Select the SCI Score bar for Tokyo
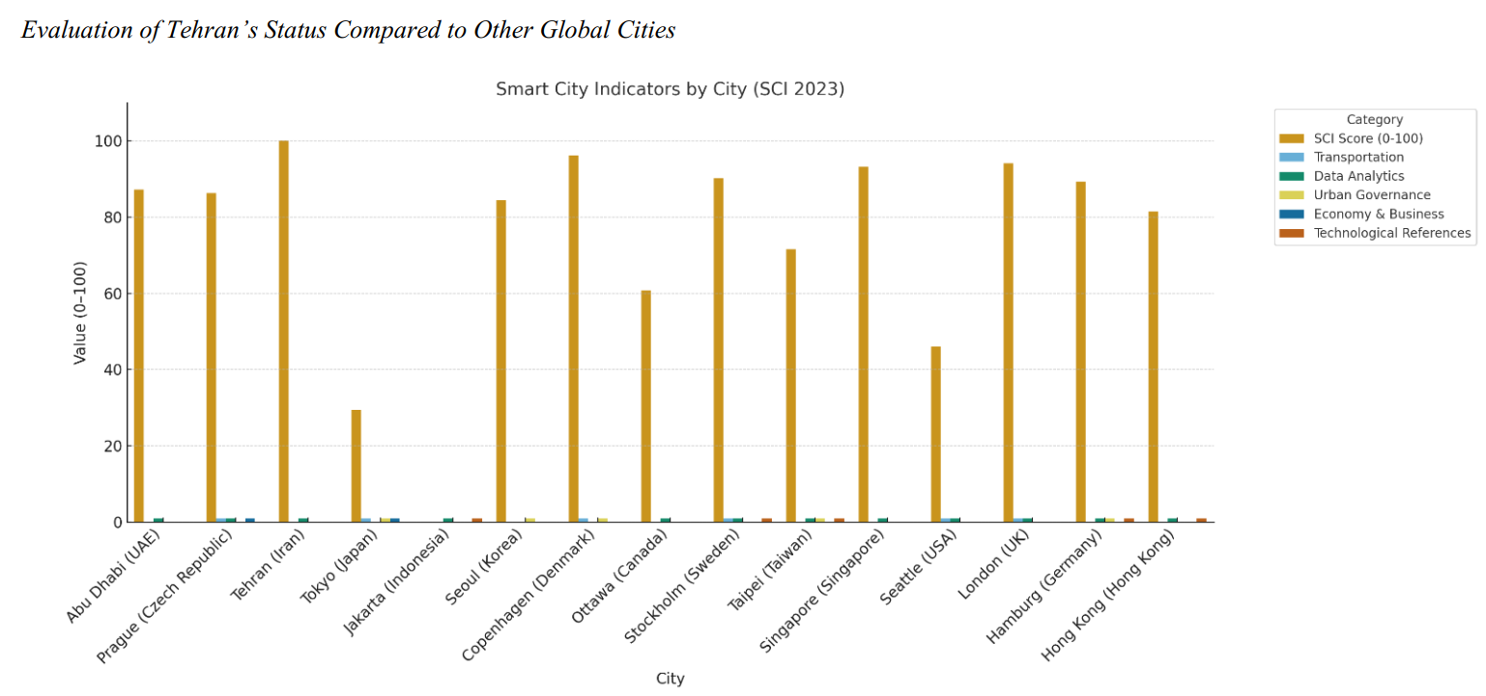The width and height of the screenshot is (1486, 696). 357,466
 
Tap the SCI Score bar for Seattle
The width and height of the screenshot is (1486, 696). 935,434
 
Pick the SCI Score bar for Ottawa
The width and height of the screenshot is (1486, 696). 645,406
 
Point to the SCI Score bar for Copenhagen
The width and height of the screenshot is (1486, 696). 573,338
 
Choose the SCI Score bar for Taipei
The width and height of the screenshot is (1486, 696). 790,386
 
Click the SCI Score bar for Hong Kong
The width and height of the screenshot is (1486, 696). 1153,366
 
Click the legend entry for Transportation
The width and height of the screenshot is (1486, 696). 1358,158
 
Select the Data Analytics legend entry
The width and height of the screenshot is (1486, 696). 1358,176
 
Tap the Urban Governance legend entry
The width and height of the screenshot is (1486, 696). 1371,195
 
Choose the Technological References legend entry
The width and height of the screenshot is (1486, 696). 1391,233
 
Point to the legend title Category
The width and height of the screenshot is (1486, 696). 1374,120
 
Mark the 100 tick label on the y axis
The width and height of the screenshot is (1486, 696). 109,141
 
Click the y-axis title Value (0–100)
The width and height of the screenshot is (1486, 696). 80,313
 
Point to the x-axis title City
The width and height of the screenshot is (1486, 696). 670,679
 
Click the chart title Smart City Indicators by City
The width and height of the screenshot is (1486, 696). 670,89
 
